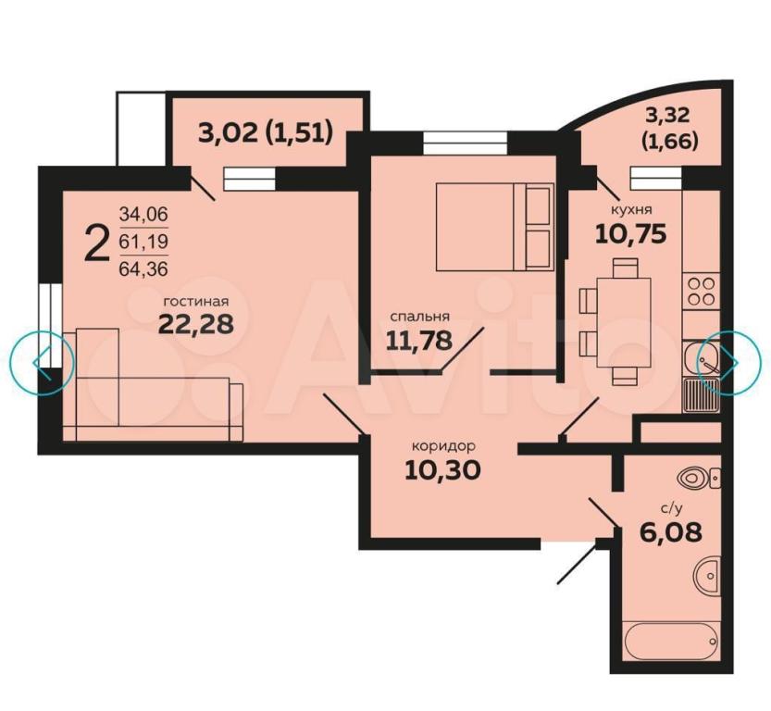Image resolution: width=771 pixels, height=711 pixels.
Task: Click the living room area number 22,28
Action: (195, 323)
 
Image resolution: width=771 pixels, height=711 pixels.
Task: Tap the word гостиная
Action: (196, 301)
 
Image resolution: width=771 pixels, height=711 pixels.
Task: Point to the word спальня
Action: (420, 317)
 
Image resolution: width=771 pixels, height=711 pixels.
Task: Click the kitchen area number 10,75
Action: (631, 233)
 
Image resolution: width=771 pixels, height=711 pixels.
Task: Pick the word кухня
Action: (631, 210)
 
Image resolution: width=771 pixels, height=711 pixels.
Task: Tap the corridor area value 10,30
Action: (442, 470)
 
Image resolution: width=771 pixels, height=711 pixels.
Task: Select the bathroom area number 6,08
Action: (671, 531)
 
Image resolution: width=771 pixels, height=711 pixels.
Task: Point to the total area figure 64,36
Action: (143, 269)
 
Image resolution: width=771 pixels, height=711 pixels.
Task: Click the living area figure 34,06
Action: (143, 215)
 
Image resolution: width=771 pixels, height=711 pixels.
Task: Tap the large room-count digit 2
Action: (96, 243)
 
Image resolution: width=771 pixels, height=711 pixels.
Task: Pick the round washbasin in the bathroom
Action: (707, 575)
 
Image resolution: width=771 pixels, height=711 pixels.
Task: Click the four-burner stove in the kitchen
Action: (701, 291)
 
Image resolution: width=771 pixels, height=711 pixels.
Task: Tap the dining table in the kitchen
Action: (624, 323)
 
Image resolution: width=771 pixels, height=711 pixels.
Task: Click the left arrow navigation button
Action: (43, 363)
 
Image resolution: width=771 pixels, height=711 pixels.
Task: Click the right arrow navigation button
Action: (729, 362)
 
